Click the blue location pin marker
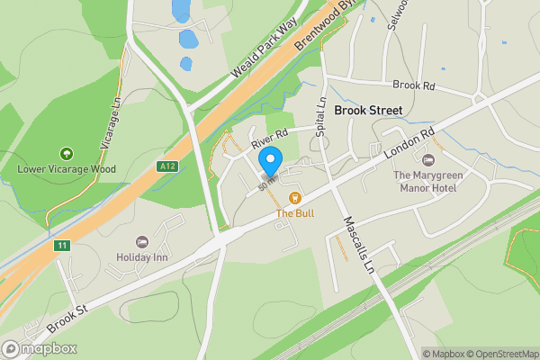tap(270, 161)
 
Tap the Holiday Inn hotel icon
tap(141, 242)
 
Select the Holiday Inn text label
tap(143, 256)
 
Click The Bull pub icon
tap(293, 198)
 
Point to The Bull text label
tap(293, 213)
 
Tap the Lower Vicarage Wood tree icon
tap(65, 154)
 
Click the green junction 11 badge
tap(61, 245)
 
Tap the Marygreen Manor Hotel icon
tap(427, 159)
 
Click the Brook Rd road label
tap(414, 85)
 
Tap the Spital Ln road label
tap(321, 112)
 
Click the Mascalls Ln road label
tap(355, 244)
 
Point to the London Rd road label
tap(413, 144)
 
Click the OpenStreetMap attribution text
tap(500, 354)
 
